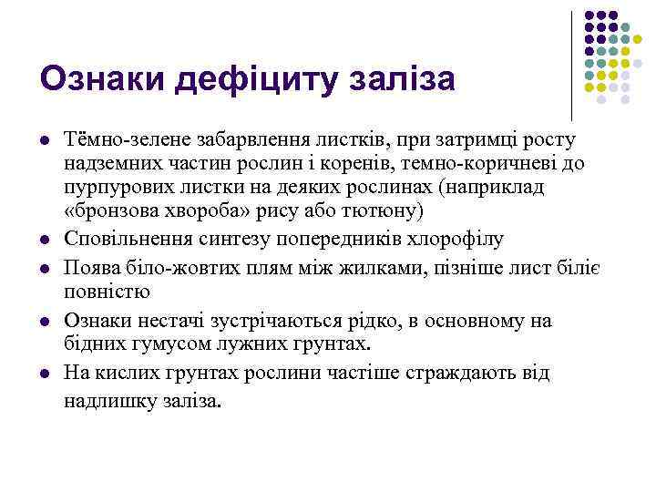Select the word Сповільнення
point(125,239)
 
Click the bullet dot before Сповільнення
point(44,240)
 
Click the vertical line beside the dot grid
point(571,64)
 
